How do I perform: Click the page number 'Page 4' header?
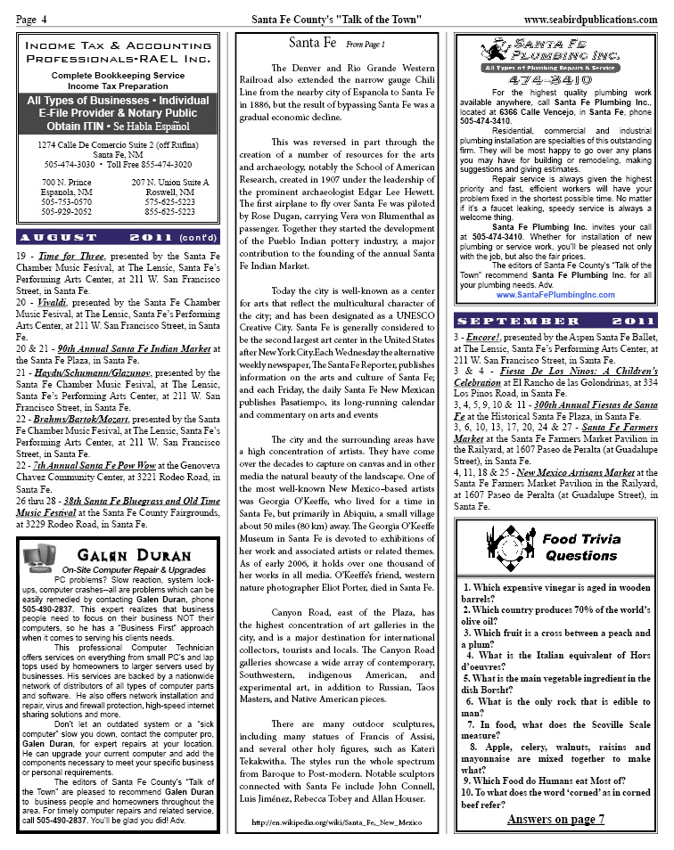coord(32,20)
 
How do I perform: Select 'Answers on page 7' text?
coord(555,818)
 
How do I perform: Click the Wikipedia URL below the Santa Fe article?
coord(335,821)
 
